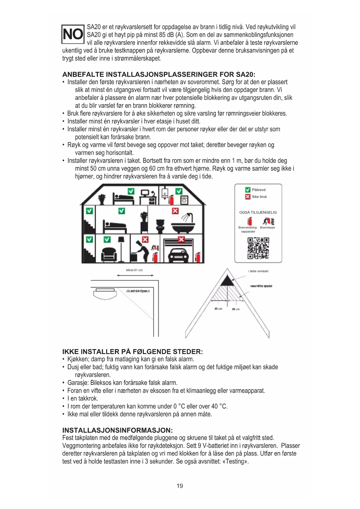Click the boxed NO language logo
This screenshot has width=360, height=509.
tap(73, 34)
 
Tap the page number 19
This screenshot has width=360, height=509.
tap(180, 486)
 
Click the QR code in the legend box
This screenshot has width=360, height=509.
tap(258, 248)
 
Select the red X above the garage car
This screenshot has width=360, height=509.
tap(181, 239)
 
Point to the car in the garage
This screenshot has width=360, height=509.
tap(178, 255)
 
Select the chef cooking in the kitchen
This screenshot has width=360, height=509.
tap(141, 250)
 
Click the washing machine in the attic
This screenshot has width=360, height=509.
tap(184, 200)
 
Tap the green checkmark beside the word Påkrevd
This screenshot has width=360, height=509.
tap(248, 190)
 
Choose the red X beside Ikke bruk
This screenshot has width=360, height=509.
tap(248, 197)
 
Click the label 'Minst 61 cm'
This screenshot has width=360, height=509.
tap(134, 270)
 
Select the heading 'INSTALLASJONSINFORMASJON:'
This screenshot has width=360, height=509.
tap(117, 430)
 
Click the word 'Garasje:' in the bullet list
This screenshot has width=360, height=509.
tap(78, 383)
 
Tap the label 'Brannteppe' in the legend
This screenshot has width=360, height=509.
tap(267, 228)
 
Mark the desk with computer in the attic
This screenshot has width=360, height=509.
tap(148, 198)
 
